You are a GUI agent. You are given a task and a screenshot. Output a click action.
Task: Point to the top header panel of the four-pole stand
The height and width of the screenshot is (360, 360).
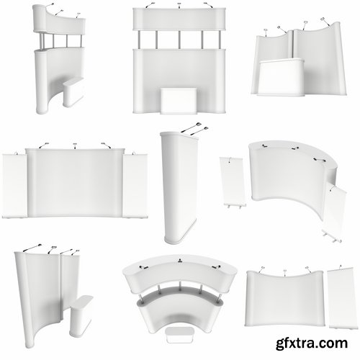click(177, 19)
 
